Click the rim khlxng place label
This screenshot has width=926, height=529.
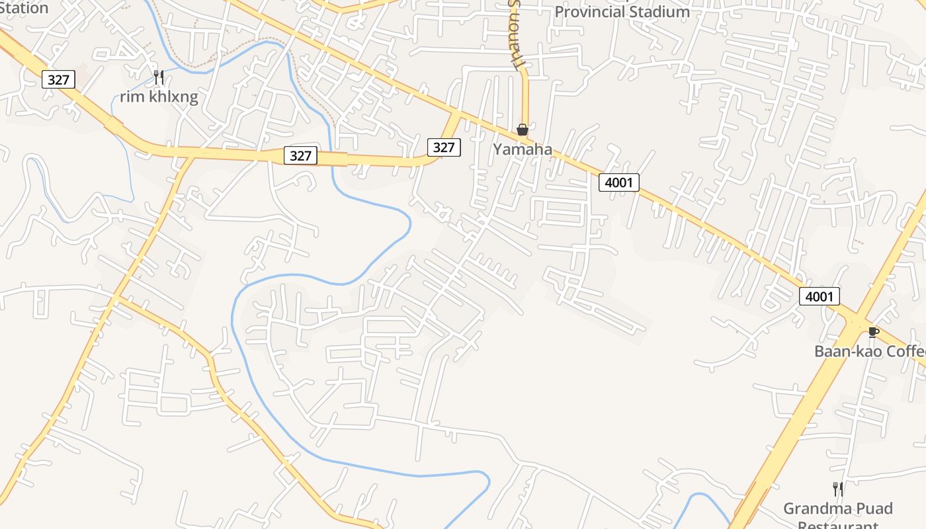click(159, 97)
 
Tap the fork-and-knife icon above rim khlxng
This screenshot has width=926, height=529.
click(158, 77)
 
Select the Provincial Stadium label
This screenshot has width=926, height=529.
click(622, 12)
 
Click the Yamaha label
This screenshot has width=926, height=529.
click(523, 149)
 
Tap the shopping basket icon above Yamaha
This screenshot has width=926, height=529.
click(523, 130)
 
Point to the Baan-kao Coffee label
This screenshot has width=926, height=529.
click(870, 351)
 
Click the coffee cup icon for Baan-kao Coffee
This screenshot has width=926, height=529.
click(873, 332)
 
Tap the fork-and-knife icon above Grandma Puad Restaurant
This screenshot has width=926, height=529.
click(837, 489)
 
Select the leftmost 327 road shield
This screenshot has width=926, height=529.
click(58, 80)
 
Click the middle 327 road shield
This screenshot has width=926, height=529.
click(301, 155)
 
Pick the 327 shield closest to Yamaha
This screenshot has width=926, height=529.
click(443, 147)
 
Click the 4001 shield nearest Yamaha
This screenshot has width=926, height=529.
click(619, 182)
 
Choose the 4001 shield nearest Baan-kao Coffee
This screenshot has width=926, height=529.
click(819, 296)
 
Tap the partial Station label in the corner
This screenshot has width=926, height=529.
click(24, 8)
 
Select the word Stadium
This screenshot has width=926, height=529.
click(658, 12)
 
